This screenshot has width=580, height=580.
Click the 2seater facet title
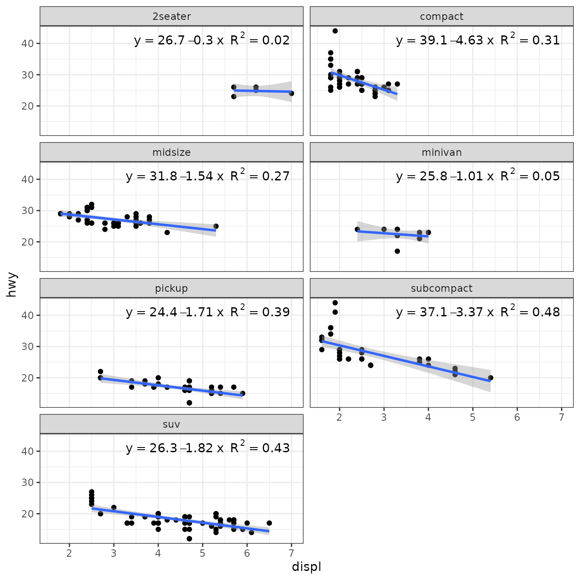(171, 16)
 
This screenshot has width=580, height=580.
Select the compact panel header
(441, 16)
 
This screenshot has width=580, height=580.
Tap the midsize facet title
(171, 152)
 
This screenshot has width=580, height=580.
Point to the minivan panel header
(441, 152)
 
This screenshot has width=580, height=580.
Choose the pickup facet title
(171, 288)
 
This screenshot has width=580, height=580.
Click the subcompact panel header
(441, 288)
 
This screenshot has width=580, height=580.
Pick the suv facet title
(171, 424)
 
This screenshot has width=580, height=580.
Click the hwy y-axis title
(12, 284)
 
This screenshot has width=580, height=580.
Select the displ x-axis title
(306, 567)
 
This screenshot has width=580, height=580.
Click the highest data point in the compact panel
(335, 31)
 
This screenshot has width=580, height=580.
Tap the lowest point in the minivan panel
(397, 251)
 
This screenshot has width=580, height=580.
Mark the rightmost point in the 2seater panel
(291, 93)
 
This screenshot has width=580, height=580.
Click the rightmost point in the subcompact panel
(490, 378)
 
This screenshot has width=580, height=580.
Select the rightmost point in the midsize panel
(216, 226)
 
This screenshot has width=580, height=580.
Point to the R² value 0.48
(546, 312)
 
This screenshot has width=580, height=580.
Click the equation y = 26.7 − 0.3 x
(179, 41)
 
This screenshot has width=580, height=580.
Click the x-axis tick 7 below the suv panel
(291, 554)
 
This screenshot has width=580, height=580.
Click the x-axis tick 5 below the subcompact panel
(473, 417)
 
